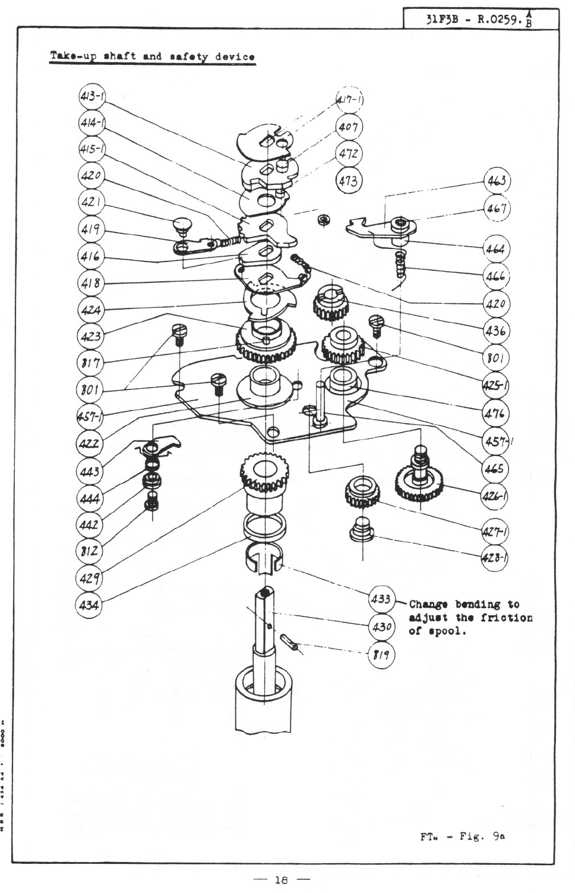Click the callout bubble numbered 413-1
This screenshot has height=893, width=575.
(91, 96)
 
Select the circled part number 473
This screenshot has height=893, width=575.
(349, 179)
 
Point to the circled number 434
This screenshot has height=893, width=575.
(90, 605)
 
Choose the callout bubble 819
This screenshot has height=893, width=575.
(380, 655)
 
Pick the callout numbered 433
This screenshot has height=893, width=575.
(380, 598)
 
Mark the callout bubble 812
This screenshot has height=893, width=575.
(90, 551)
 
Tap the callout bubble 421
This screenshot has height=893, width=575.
(91, 202)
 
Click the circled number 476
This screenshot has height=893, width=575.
(495, 413)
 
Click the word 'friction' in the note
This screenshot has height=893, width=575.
(507, 618)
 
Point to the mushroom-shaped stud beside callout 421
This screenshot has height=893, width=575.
(182, 225)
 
